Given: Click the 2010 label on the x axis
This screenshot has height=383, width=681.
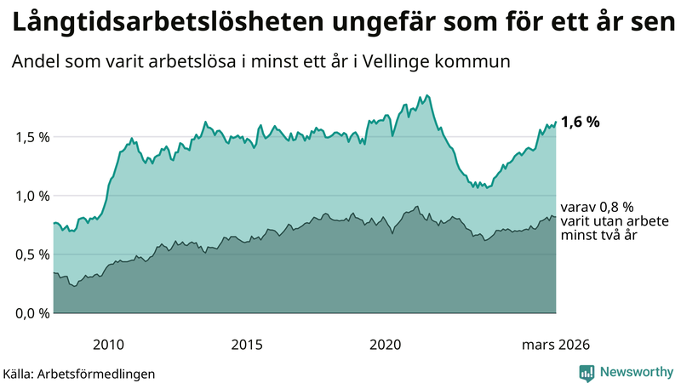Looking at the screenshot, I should pos(108,345).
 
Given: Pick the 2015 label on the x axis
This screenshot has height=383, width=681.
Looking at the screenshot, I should pos(247,345).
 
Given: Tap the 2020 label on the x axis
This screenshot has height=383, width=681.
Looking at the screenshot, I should pos(385,345).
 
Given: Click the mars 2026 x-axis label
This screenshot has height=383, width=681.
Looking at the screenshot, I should pos(555,345).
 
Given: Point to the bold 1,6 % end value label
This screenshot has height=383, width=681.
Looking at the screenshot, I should pos(581,122).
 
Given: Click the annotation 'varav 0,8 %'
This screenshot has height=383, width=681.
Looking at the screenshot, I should pos(597,207).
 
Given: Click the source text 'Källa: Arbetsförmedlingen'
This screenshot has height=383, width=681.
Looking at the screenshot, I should pos(79,373).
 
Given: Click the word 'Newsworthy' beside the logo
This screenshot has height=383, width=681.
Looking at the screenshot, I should pos(637,372).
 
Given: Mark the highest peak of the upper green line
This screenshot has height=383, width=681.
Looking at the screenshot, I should pos(426,95).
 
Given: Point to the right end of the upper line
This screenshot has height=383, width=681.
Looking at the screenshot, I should pos(556,122).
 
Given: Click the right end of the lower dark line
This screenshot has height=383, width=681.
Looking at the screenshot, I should pos(556,217).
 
